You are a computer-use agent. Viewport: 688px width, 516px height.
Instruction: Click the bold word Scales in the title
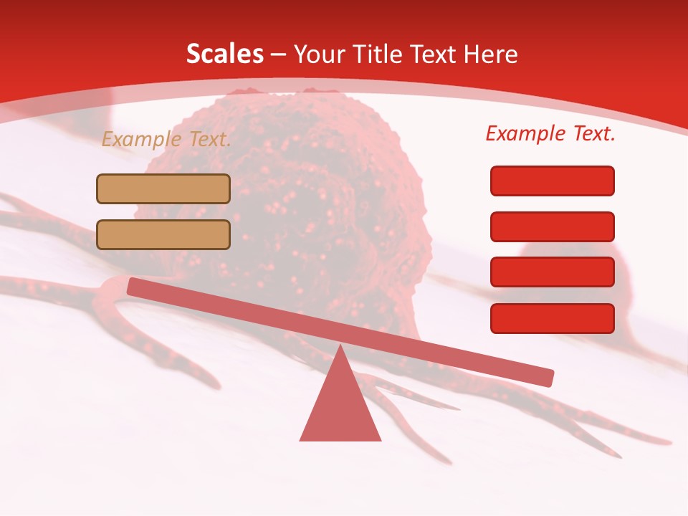(224, 54)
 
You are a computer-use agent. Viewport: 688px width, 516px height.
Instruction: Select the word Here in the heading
(491, 54)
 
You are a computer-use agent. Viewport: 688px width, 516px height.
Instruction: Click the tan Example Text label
(166, 139)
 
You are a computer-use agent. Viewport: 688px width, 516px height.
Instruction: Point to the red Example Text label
(550, 133)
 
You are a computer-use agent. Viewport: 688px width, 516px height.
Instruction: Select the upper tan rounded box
(163, 188)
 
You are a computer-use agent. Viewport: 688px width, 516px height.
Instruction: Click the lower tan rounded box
(163, 234)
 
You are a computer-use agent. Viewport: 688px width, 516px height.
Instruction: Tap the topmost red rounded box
(553, 181)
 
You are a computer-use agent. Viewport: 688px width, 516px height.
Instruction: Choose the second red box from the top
(553, 226)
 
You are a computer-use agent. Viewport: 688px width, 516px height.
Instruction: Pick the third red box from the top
(553, 272)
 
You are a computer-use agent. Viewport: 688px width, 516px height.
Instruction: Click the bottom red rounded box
(553, 318)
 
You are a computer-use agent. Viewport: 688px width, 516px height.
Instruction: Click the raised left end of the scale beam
(136, 287)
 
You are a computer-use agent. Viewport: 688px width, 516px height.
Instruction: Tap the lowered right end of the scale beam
(545, 377)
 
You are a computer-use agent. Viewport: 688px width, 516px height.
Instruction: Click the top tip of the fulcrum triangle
(340, 348)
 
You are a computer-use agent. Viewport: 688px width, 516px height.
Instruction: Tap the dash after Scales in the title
(279, 54)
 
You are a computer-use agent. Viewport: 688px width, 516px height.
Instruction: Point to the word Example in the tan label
(143, 139)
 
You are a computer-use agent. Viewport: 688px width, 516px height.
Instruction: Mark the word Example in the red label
(526, 133)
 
